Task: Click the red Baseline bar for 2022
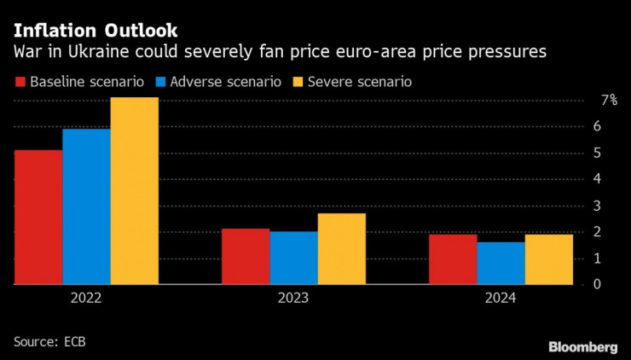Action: pos(38,217)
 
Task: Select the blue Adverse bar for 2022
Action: pos(86,206)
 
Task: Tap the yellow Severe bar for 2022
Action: pos(134,190)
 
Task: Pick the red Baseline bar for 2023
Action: pos(246,256)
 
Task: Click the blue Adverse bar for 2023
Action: pos(293,258)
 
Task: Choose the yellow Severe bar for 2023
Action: pos(341,248)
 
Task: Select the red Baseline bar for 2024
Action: pos(453,258)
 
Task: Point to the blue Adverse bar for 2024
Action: pos(501,263)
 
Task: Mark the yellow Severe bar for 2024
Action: pos(548,258)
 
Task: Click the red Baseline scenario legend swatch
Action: pos(20,83)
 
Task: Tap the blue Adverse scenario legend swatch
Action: pos(161,83)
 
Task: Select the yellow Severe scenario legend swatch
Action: pos(299,83)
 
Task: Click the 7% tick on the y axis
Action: pos(609,100)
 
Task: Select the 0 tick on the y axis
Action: pos(598,284)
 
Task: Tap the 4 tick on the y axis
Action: pos(598,179)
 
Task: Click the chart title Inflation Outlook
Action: pos(84,31)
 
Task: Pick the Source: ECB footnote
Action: pos(49,341)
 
